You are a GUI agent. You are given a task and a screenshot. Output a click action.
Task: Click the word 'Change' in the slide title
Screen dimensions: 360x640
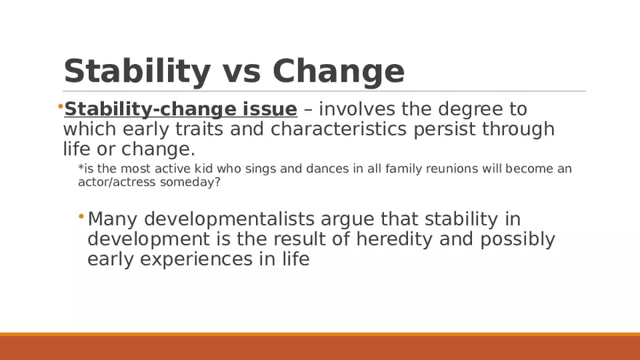click(x=338, y=71)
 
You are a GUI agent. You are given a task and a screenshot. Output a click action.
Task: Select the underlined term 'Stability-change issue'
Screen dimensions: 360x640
click(x=180, y=110)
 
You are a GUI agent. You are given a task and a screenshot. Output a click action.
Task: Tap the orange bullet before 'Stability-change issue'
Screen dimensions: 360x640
click(x=60, y=108)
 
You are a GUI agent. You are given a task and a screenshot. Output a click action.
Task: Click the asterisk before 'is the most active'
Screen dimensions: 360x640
click(x=80, y=169)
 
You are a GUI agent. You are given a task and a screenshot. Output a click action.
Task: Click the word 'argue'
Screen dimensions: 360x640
click(x=346, y=219)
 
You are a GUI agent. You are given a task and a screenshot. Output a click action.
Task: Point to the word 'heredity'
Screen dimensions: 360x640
click(x=415, y=239)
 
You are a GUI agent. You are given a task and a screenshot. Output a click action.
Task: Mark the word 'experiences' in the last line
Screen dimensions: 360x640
click(x=197, y=259)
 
